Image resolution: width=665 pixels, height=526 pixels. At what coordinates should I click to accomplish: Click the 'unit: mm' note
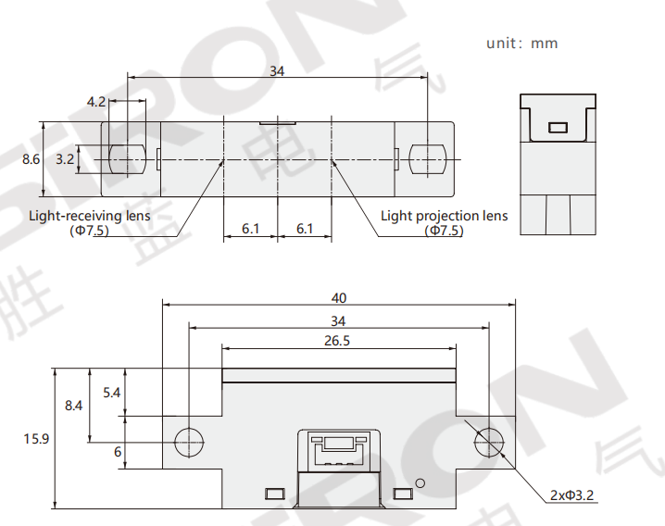coord(521,44)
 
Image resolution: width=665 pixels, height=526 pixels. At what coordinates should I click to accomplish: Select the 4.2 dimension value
coord(95,102)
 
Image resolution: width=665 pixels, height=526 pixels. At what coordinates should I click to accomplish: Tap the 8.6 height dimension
coord(31,159)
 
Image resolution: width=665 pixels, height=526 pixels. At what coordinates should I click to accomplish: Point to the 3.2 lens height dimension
coord(65,159)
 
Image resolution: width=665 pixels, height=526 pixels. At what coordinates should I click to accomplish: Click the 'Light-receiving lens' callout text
coord(90,216)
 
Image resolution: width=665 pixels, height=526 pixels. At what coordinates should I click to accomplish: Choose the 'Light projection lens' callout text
coord(444,216)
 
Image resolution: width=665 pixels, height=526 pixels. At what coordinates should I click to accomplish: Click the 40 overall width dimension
coord(339,298)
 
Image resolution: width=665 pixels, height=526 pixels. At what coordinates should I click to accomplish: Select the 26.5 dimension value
coord(337,341)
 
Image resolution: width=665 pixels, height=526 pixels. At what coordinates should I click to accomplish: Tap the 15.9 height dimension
coord(36,439)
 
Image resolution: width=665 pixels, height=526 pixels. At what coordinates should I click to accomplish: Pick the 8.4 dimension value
coord(73,406)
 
